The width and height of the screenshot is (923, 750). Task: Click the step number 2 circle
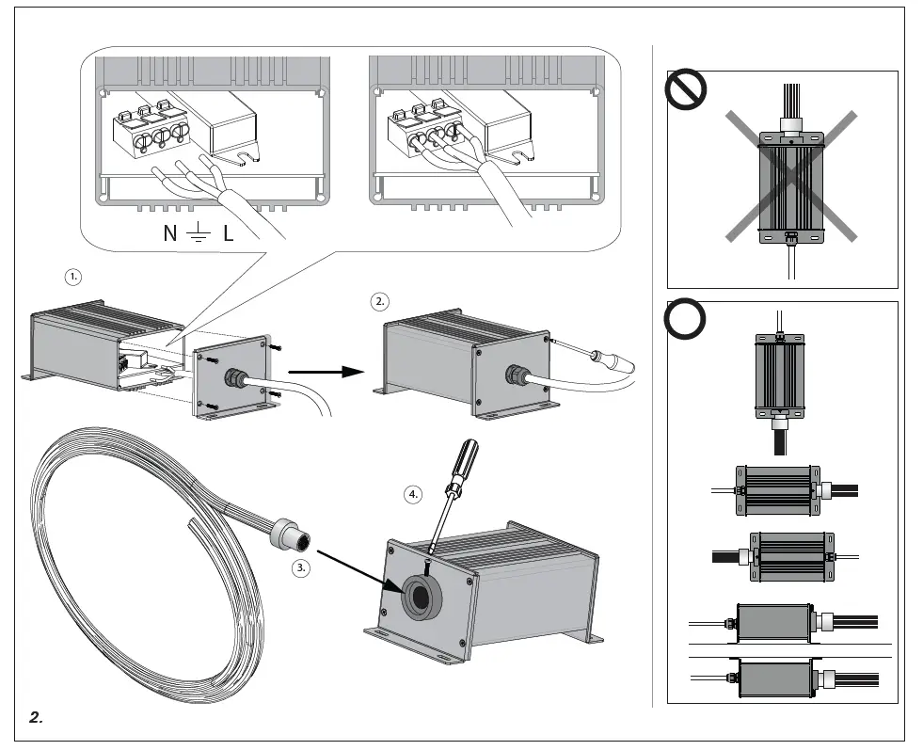[x=379, y=302]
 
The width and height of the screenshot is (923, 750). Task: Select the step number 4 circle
[x=414, y=494]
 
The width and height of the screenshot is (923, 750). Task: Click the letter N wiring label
[x=169, y=233]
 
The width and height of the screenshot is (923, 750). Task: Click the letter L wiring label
[x=229, y=233]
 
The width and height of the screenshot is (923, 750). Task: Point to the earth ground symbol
[x=199, y=234]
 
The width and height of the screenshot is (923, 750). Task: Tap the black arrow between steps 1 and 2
[x=325, y=372]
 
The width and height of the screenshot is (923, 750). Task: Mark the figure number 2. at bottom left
[x=36, y=718]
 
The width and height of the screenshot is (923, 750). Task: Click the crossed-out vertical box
[x=790, y=184]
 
